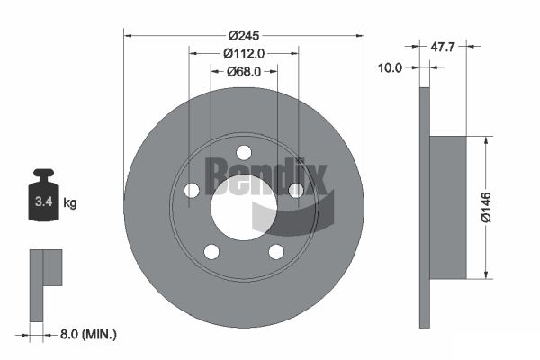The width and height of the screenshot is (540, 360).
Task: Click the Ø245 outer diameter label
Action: click(x=244, y=35)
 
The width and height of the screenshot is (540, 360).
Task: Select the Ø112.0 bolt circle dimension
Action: click(x=244, y=53)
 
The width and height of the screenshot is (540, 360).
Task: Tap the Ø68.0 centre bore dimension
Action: click(x=244, y=72)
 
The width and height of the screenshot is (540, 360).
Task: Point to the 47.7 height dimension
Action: click(x=443, y=47)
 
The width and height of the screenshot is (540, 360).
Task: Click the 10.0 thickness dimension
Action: click(x=391, y=67)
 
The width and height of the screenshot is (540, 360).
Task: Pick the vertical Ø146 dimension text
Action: click(x=486, y=207)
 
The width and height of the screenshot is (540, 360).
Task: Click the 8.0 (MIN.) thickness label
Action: click(x=88, y=334)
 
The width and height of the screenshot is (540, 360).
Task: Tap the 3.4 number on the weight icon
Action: click(x=44, y=202)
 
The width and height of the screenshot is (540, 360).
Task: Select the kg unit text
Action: click(x=70, y=203)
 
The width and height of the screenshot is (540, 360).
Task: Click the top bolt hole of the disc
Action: click(x=244, y=153)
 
